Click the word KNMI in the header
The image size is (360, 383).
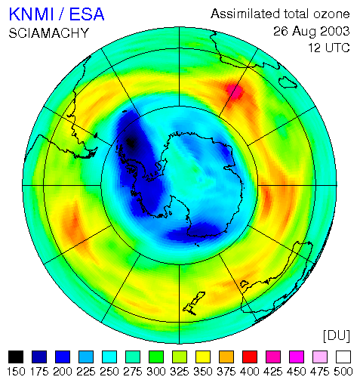(32, 14)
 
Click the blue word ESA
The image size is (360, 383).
(87, 14)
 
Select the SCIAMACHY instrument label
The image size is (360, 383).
(49, 33)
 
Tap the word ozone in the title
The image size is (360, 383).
(331, 14)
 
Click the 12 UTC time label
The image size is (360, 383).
(329, 48)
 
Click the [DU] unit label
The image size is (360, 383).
(337, 335)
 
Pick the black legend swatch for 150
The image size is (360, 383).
(16, 357)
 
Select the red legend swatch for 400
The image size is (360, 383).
(250, 357)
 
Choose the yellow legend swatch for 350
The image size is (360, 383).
(203, 357)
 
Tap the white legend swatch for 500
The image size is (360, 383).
(343, 357)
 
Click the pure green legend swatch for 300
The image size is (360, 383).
(156, 357)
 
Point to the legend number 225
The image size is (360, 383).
(86, 372)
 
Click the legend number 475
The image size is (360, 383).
(320, 372)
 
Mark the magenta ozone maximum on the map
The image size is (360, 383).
(235, 91)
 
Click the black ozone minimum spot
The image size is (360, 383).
(131, 143)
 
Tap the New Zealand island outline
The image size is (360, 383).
(194, 304)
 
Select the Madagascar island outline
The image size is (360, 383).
(288, 83)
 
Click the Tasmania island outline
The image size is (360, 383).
(244, 284)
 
